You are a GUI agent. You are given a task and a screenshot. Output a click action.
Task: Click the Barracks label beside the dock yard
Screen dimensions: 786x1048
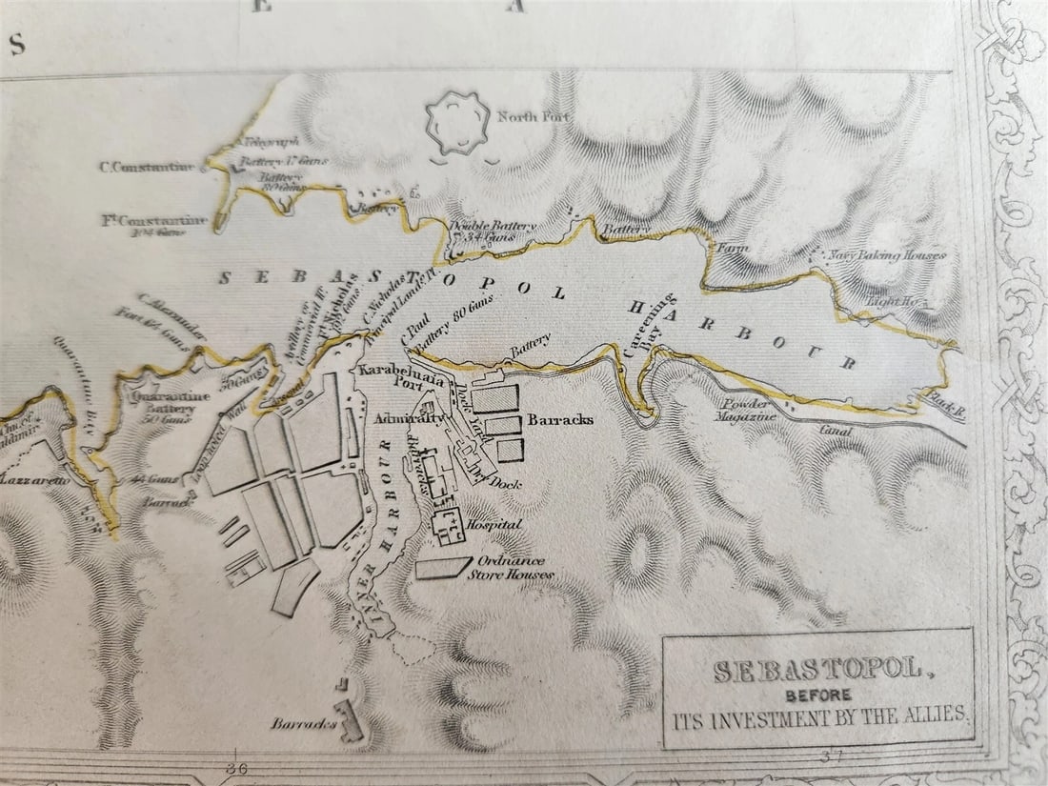[x=560, y=419]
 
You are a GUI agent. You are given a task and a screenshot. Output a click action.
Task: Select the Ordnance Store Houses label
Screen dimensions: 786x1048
[x=515, y=568]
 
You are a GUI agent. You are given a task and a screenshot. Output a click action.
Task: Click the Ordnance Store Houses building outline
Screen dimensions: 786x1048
[x=443, y=568]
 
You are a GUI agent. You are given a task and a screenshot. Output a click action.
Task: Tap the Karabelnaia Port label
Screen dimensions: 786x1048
[x=392, y=373]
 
